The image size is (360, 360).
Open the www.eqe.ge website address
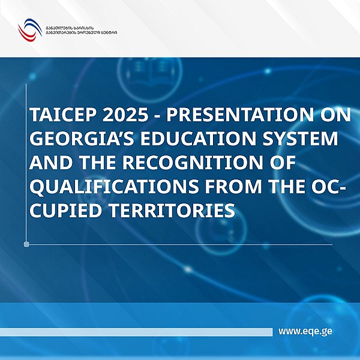pyautogui.click(x=305, y=331)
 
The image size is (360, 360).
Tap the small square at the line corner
pyautogui.click(x=26, y=244)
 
